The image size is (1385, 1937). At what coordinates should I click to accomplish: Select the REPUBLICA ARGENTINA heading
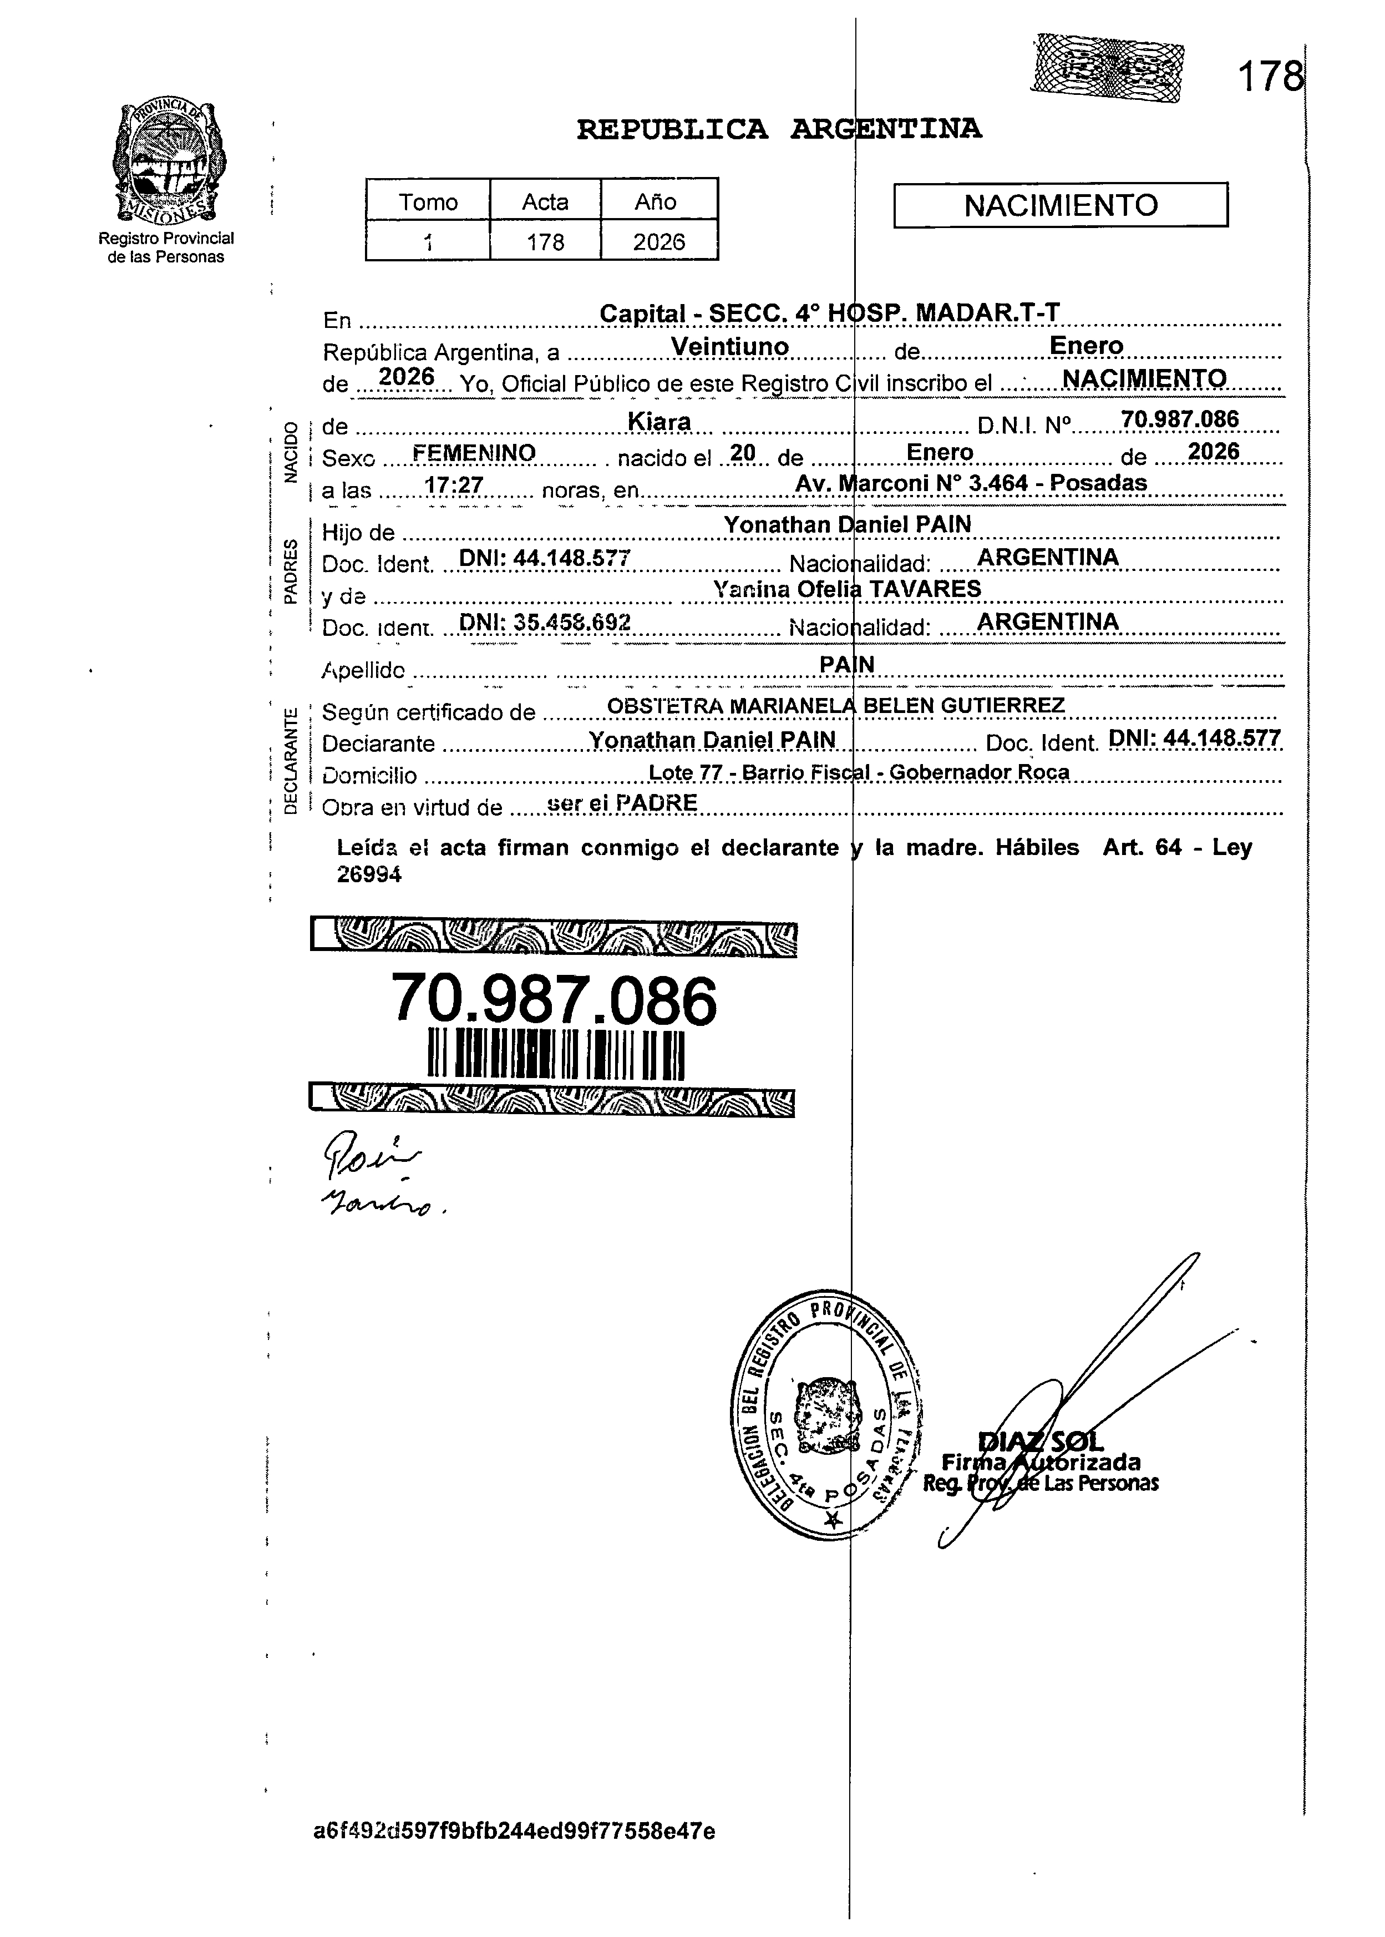pyautogui.click(x=779, y=130)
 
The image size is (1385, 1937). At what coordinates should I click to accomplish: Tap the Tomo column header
pyautogui.click(x=428, y=202)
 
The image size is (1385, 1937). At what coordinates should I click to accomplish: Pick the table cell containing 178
pyautogui.click(x=545, y=242)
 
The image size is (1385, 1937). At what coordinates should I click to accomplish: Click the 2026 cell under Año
pyautogui.click(x=658, y=242)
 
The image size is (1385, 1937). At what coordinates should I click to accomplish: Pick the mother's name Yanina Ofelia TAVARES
pyautogui.click(x=847, y=589)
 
